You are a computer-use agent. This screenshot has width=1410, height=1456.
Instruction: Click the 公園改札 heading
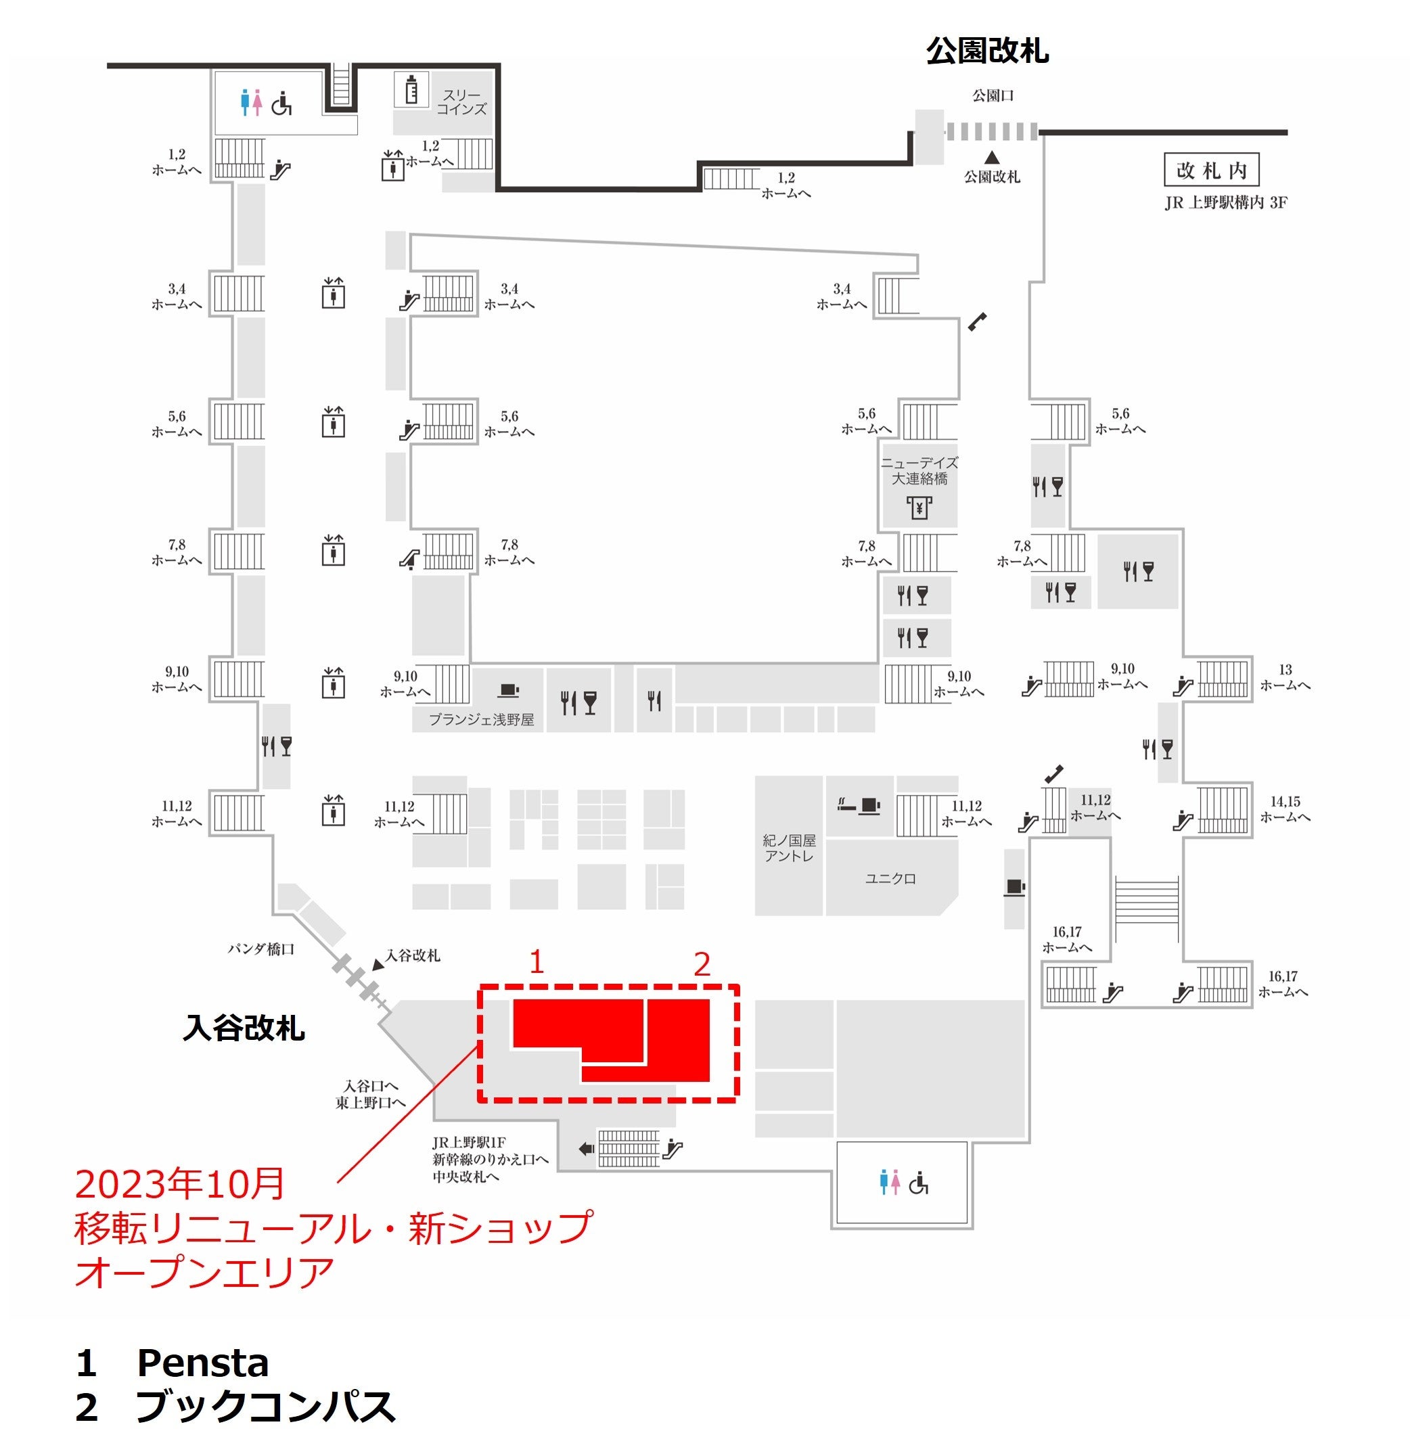[986, 51]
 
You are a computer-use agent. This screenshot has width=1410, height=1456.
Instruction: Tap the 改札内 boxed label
[1211, 170]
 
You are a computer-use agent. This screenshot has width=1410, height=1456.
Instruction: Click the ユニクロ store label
[890, 879]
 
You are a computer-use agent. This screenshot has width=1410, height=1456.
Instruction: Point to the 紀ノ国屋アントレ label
[789, 848]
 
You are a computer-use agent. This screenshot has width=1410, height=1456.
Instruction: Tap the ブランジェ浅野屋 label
[482, 720]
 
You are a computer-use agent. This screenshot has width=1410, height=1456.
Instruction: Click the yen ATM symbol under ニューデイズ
[919, 508]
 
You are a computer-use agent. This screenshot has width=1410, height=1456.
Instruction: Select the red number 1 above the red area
[537, 963]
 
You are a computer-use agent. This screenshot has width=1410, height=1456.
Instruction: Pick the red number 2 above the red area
[702, 964]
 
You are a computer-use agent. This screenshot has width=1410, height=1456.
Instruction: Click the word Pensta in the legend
[202, 1363]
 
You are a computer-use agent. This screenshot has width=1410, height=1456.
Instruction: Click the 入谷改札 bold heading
[244, 1028]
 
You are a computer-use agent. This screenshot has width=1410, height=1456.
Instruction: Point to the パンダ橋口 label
[260, 949]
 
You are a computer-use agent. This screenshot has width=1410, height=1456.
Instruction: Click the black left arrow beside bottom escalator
[586, 1150]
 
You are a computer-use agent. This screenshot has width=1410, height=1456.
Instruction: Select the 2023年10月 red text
[180, 1184]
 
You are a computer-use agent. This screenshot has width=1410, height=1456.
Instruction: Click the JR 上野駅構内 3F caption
[1226, 203]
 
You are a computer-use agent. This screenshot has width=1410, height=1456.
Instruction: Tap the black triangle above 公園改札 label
[992, 158]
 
